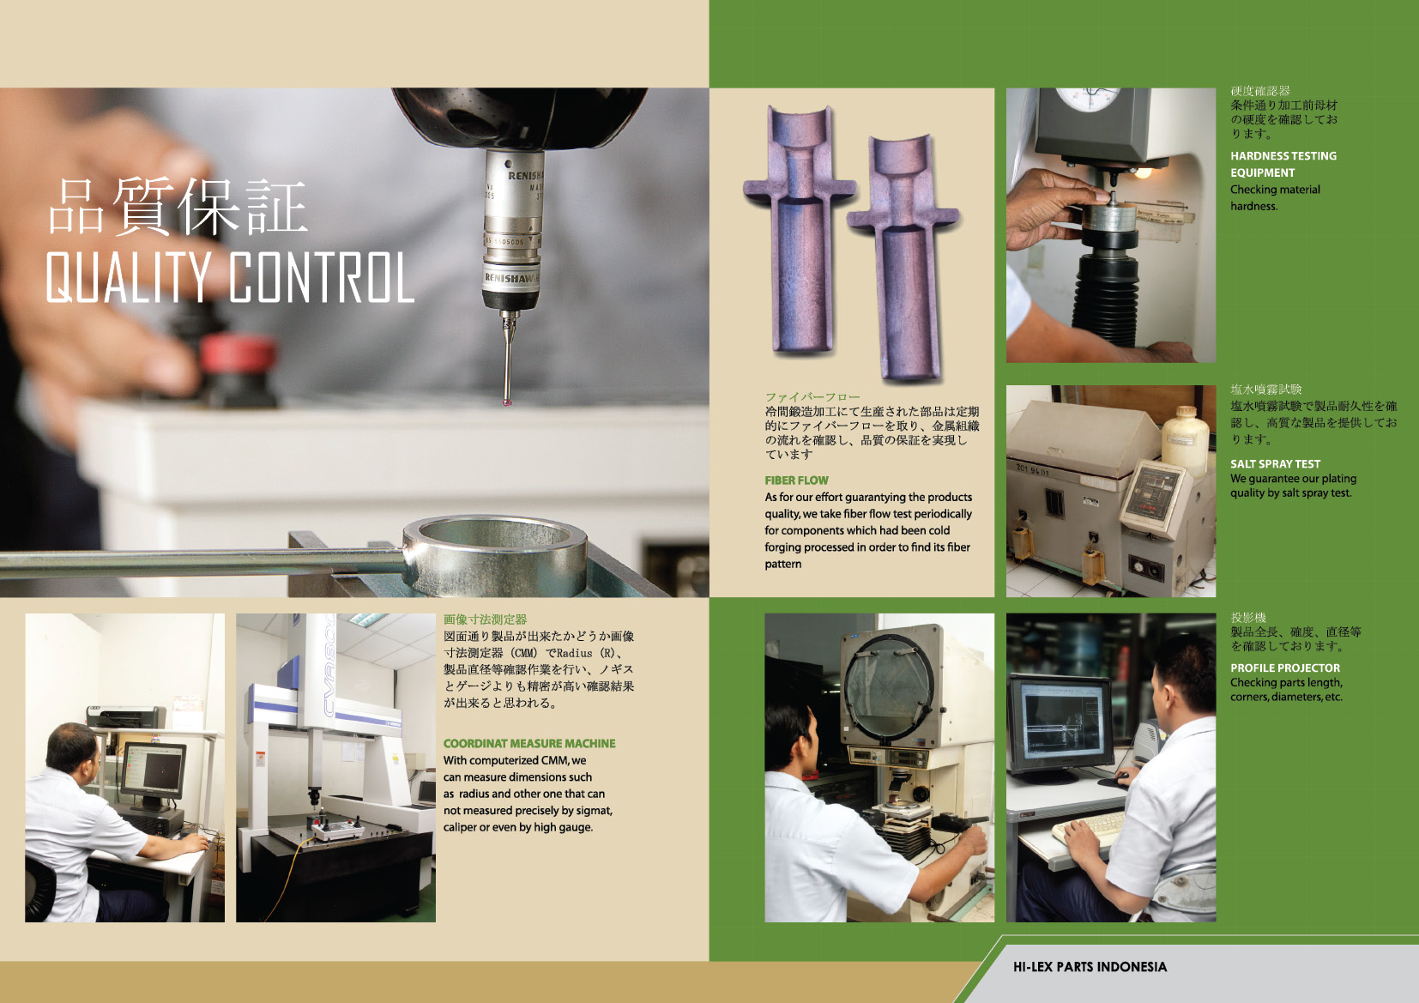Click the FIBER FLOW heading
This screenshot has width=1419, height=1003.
pos(796,480)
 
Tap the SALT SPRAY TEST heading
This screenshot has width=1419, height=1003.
pos(1275,464)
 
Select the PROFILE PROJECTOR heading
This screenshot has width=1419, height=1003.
pos(1285,668)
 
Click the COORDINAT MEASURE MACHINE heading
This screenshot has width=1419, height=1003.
pos(529,743)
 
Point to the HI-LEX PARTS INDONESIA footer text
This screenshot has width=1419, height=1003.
pos(1090,967)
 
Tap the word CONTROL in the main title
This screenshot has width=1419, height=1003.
pos(321,277)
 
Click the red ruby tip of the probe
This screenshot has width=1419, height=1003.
pos(507,402)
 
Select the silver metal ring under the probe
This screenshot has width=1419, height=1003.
pos(495,554)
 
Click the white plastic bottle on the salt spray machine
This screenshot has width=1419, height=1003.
pos(1185,440)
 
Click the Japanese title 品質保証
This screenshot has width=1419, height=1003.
pos(178,207)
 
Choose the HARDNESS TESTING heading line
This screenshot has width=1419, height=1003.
pos(1283,156)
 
